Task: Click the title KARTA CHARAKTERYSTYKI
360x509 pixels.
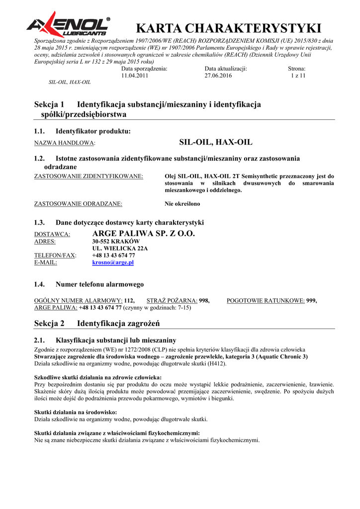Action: point(228,28)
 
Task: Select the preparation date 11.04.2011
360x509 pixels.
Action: point(135,76)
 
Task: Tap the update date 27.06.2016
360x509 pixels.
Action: point(218,76)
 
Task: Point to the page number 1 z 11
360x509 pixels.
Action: point(298,76)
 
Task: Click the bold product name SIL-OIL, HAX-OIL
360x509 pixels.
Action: point(215,142)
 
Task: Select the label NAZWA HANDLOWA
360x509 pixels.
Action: point(64,143)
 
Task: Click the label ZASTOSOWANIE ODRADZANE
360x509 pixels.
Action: point(78,204)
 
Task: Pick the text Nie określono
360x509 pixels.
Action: point(182,204)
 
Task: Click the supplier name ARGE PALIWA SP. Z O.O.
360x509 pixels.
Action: point(144,234)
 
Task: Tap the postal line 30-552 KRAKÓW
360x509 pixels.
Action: point(116,242)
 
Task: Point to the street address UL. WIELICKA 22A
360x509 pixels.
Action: point(120,249)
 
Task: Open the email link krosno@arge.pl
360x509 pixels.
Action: point(113,262)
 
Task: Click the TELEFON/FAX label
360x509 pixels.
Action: point(55,255)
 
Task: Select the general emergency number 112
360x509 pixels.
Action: point(129,301)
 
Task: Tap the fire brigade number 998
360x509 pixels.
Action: point(204,301)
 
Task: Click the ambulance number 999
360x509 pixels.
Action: point(311,301)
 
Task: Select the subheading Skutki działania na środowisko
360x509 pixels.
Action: point(76,412)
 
